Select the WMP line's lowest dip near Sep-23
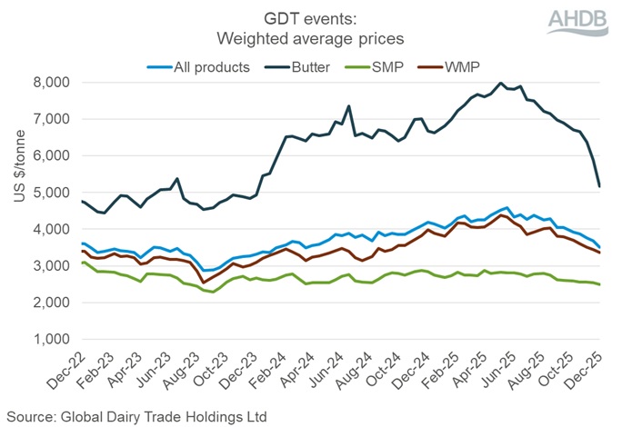205,283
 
